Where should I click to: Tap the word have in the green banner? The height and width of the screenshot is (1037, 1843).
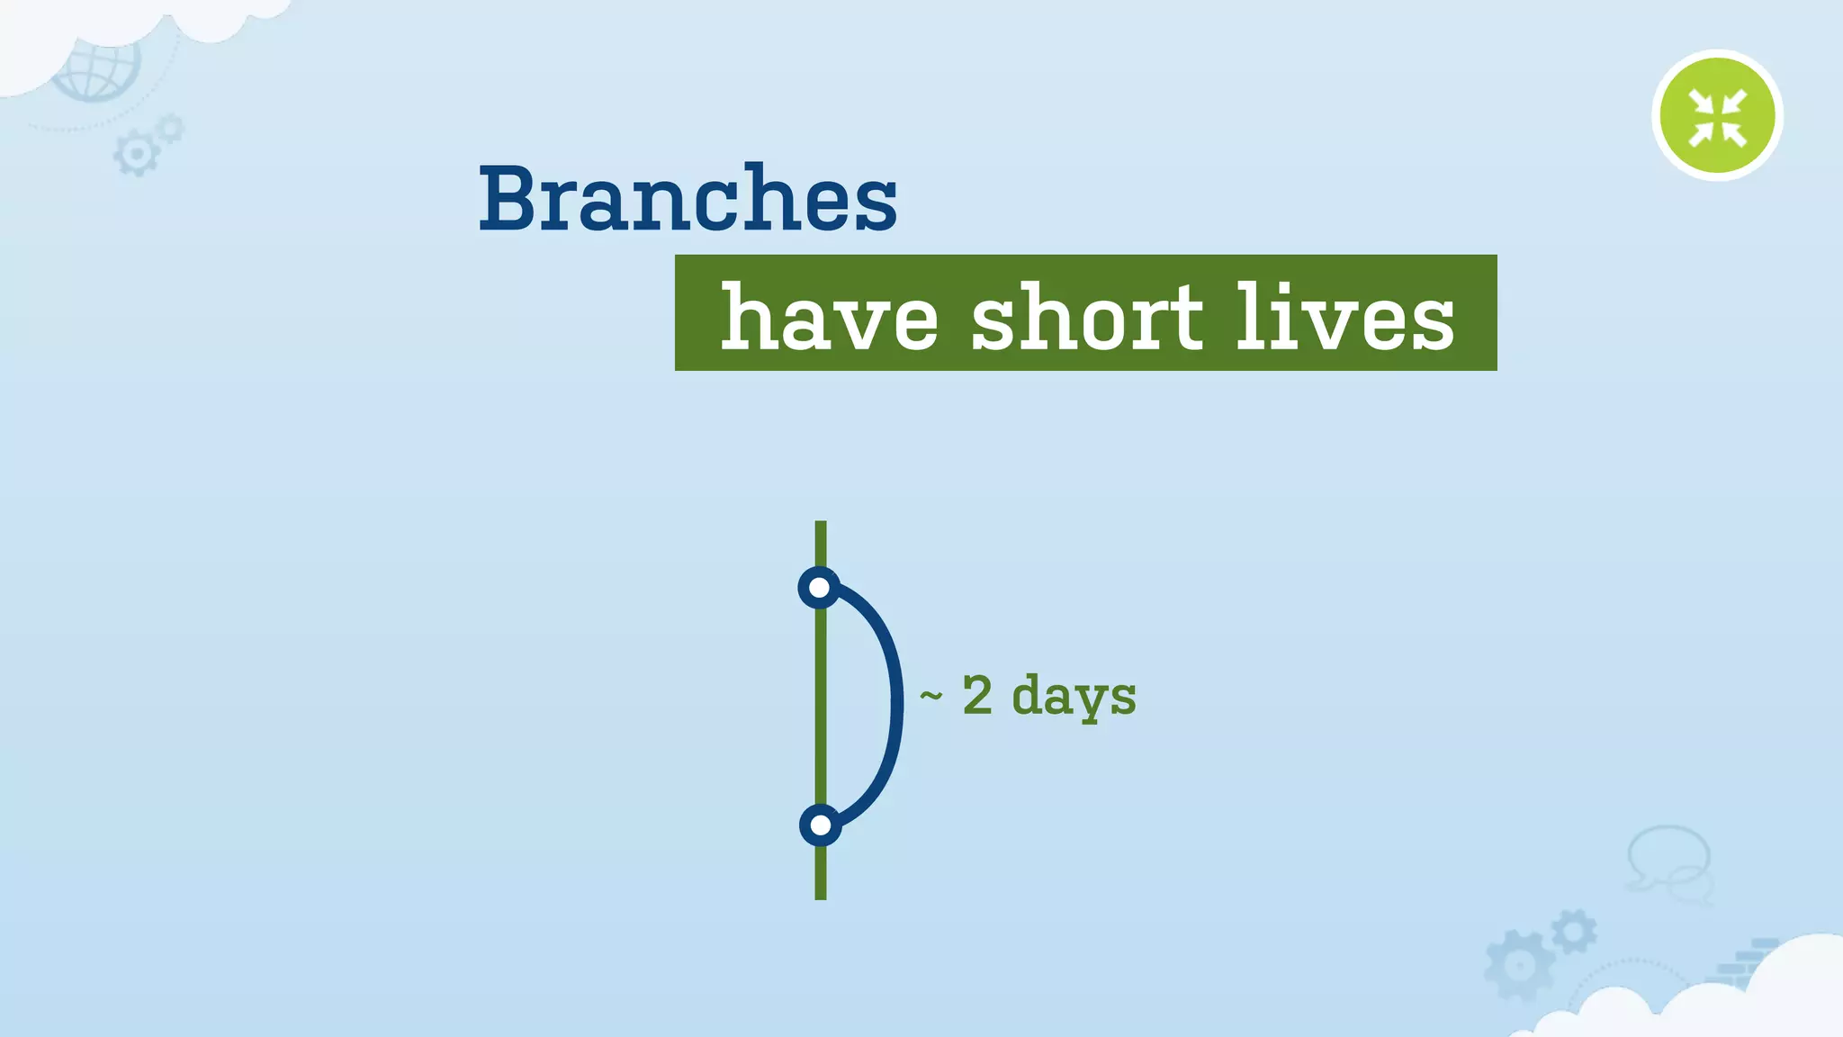pyautogui.click(x=829, y=317)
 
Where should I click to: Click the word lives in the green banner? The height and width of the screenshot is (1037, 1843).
pyautogui.click(x=1344, y=317)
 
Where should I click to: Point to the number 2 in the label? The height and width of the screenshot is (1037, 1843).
pyautogui.click(x=977, y=695)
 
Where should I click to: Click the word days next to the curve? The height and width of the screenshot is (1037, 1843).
pyautogui.click(x=1074, y=697)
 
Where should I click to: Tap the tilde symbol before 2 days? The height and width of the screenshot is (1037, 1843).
pyautogui.click(x=930, y=695)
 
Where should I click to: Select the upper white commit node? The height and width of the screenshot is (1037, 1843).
pyautogui.click(x=819, y=588)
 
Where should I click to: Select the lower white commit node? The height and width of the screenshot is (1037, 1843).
pyautogui.click(x=820, y=825)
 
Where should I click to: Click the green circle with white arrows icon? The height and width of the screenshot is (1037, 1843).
pyautogui.click(x=1717, y=115)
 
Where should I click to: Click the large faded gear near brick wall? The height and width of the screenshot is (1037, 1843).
pyautogui.click(x=1519, y=966)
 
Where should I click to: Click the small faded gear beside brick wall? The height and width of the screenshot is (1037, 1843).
pyautogui.click(x=1574, y=932)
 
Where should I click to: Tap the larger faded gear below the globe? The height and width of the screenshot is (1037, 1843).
pyautogui.click(x=137, y=154)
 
